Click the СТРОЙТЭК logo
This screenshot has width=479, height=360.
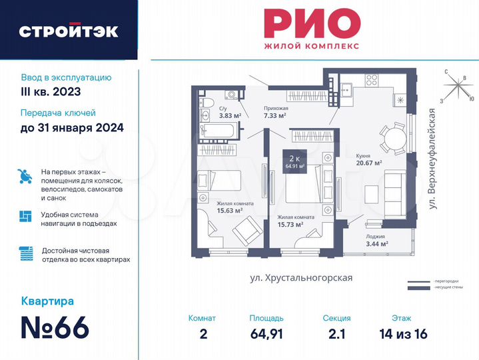[69, 31]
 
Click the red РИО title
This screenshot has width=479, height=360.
[308, 24]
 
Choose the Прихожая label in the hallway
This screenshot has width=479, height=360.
[275, 106]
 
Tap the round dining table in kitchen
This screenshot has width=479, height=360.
[393, 139]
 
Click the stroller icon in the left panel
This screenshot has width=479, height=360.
[25, 176]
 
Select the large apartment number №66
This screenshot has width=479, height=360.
[55, 328]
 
